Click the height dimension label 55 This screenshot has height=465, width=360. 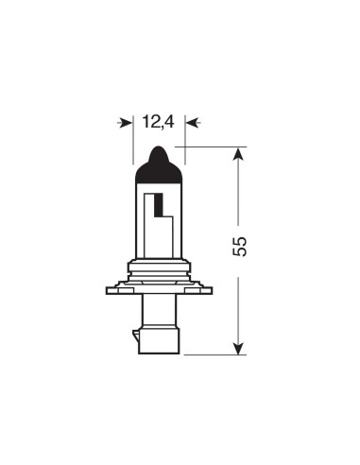tap(240, 246)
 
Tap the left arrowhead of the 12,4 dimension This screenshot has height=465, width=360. tap(128, 122)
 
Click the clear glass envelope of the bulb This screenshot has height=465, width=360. tap(172, 232)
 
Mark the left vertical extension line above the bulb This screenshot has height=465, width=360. tap(133, 142)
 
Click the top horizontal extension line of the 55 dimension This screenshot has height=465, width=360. tap(213, 146)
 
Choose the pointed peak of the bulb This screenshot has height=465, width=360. tap(159, 148)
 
